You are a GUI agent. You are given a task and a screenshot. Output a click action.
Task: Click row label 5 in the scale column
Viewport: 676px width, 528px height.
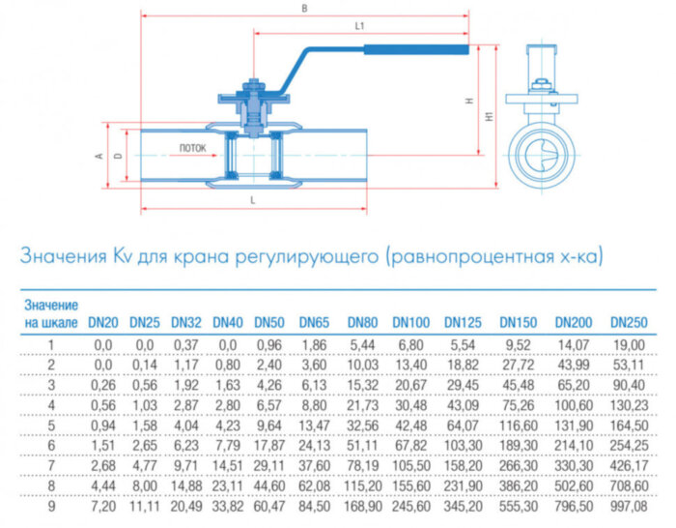(51, 425)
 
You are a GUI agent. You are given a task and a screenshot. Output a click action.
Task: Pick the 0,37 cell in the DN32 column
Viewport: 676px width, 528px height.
(185, 343)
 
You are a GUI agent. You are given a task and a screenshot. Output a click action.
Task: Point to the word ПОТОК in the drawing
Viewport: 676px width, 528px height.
(192, 149)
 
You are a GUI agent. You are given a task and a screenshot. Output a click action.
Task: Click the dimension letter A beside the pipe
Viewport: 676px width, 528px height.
(99, 154)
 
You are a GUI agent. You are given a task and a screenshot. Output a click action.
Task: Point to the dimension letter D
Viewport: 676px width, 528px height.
(118, 154)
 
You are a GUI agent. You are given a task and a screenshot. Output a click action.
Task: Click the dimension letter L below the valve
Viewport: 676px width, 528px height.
(252, 198)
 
